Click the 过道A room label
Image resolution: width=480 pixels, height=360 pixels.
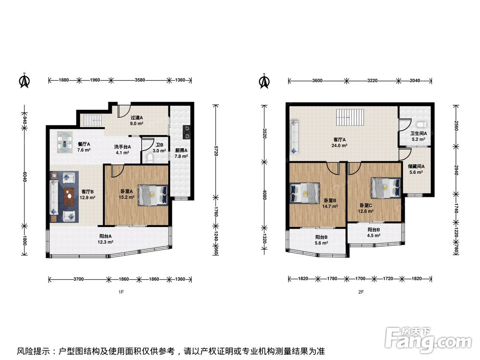(x=137, y=118)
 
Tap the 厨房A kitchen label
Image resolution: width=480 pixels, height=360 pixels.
(x=181, y=150)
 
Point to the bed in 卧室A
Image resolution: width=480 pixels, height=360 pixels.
(x=153, y=195)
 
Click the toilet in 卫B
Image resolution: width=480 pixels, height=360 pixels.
(x=150, y=158)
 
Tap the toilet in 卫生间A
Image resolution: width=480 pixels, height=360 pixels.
(x=422, y=125)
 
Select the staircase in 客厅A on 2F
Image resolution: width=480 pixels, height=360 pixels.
(x=350, y=117)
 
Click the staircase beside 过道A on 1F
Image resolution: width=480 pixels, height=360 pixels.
(x=91, y=120)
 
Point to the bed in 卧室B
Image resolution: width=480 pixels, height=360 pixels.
(x=305, y=193)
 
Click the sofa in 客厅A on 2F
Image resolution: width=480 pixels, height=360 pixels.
(x=295, y=137)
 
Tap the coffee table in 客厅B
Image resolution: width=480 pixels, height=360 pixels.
(x=70, y=196)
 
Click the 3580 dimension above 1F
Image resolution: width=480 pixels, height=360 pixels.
(x=140, y=80)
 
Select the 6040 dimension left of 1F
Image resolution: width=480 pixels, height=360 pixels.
(x=25, y=176)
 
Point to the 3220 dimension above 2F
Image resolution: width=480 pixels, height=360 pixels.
(x=372, y=81)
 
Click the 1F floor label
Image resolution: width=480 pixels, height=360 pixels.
(x=121, y=292)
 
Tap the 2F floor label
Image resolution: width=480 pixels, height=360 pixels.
(x=361, y=292)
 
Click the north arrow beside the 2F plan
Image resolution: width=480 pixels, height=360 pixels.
(x=264, y=81)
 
